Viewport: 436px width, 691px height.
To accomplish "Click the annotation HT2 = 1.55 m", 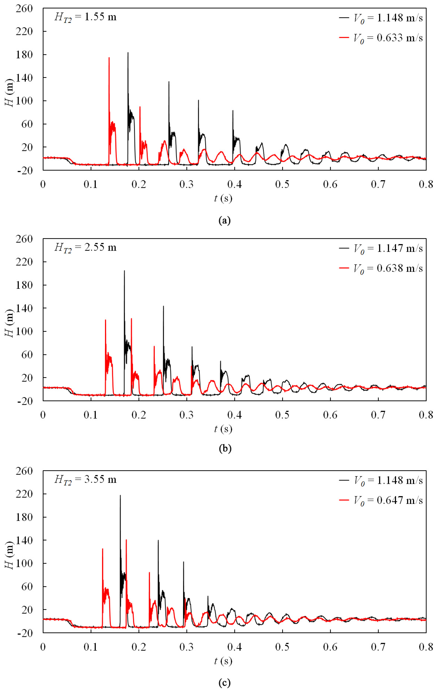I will (x=85, y=17).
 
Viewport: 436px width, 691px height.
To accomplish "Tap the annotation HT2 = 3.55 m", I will (x=85, y=480).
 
